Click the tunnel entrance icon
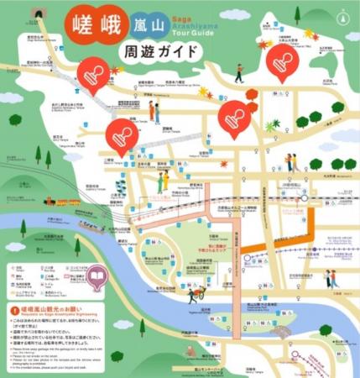click(36, 14)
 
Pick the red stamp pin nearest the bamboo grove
click(122, 134)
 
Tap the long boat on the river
click(91, 225)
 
